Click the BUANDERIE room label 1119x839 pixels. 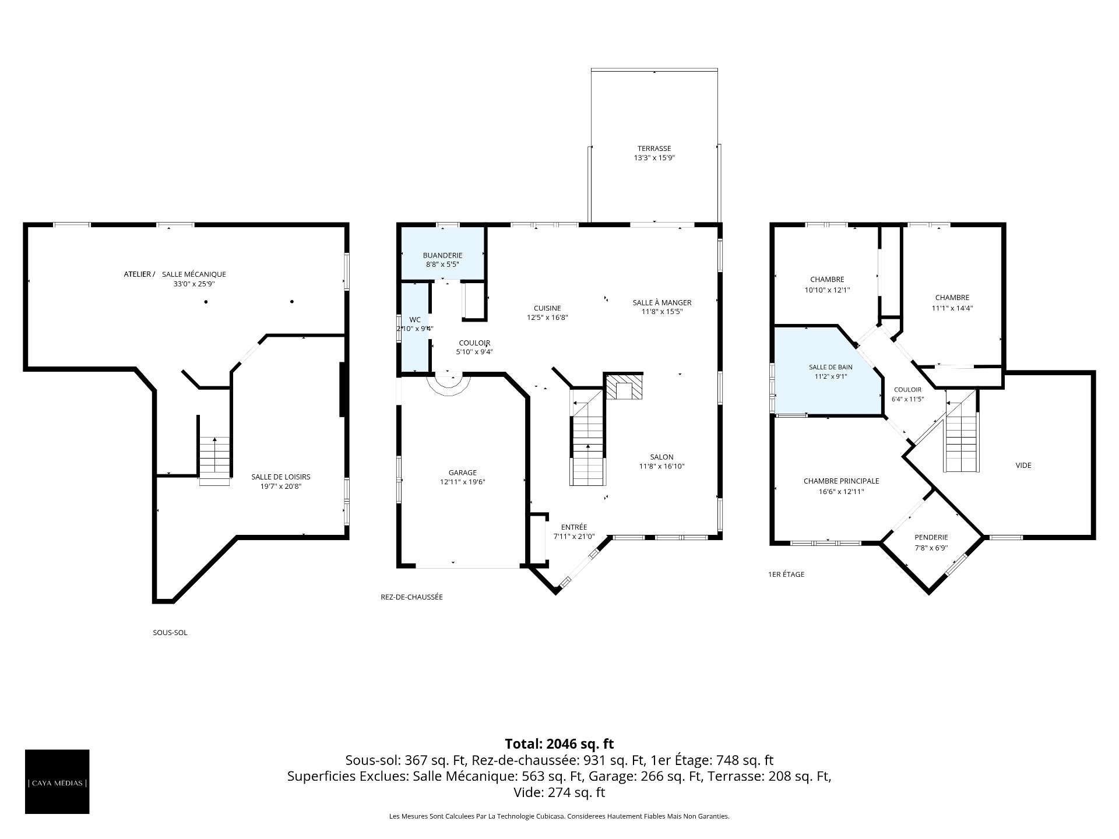[442, 255]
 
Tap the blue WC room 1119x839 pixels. [414, 327]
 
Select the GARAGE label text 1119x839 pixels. [463, 473]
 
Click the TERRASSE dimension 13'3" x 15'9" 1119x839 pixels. [654, 158]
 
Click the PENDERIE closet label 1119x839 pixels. [931, 537]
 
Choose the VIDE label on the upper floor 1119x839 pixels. [1023, 465]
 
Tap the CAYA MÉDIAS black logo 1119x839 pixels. [57, 781]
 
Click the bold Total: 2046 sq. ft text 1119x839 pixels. [559, 743]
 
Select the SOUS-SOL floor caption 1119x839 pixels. [170, 632]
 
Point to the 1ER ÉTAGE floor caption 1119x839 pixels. [786, 574]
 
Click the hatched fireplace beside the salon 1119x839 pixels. [624, 387]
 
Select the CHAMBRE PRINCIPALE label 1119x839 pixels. [841, 481]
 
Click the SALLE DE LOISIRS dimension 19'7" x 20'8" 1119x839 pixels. [281, 486]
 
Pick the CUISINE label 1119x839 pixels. [547, 308]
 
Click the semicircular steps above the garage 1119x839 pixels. [448, 386]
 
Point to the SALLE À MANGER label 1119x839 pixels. [662, 302]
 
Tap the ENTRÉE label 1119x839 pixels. [574, 527]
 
